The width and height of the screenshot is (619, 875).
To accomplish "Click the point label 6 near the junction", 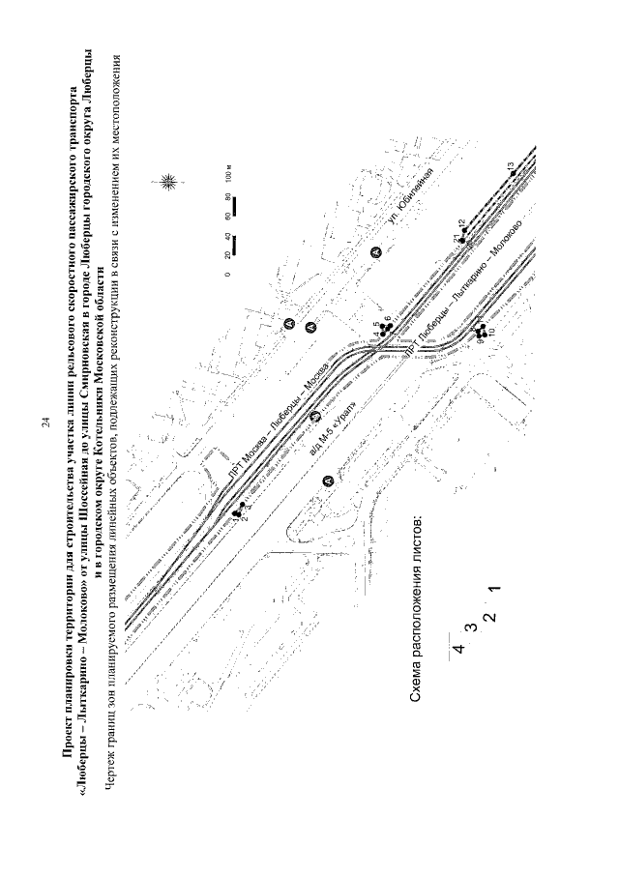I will pos(388,320).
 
